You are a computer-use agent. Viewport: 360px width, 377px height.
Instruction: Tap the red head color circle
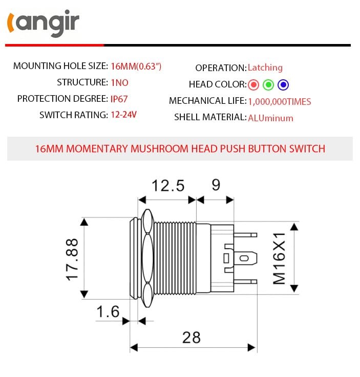click(253, 84)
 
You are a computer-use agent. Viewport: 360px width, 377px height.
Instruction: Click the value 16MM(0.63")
click(136, 66)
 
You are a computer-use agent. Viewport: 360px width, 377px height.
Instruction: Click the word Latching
click(265, 68)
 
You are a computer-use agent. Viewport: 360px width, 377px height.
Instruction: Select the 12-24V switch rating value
click(123, 115)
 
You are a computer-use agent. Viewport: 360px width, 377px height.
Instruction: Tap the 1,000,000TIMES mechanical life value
click(279, 101)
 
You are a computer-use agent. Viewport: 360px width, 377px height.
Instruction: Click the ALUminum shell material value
click(270, 118)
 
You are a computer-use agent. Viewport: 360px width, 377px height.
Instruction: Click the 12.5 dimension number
click(168, 185)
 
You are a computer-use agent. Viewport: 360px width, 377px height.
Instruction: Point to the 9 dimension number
click(216, 185)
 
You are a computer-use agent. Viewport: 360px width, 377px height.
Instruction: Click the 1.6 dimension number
click(108, 312)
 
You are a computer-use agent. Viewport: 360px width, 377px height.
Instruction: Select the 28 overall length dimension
click(191, 337)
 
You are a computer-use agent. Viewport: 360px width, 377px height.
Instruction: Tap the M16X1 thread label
click(279, 259)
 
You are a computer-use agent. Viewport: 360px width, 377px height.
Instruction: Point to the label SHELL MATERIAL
click(210, 117)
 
